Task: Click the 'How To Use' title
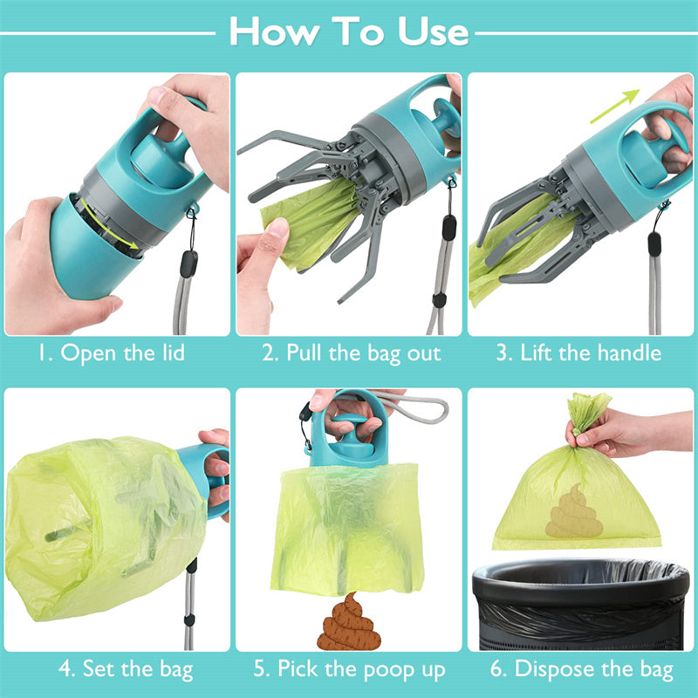point(349,31)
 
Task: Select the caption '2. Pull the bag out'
point(351,353)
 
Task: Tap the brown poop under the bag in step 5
point(347,623)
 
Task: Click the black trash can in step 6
point(580,606)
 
